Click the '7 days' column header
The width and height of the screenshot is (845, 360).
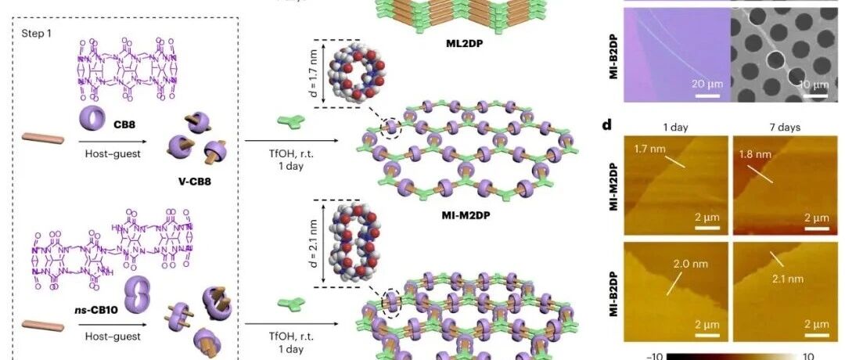click(775, 125)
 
